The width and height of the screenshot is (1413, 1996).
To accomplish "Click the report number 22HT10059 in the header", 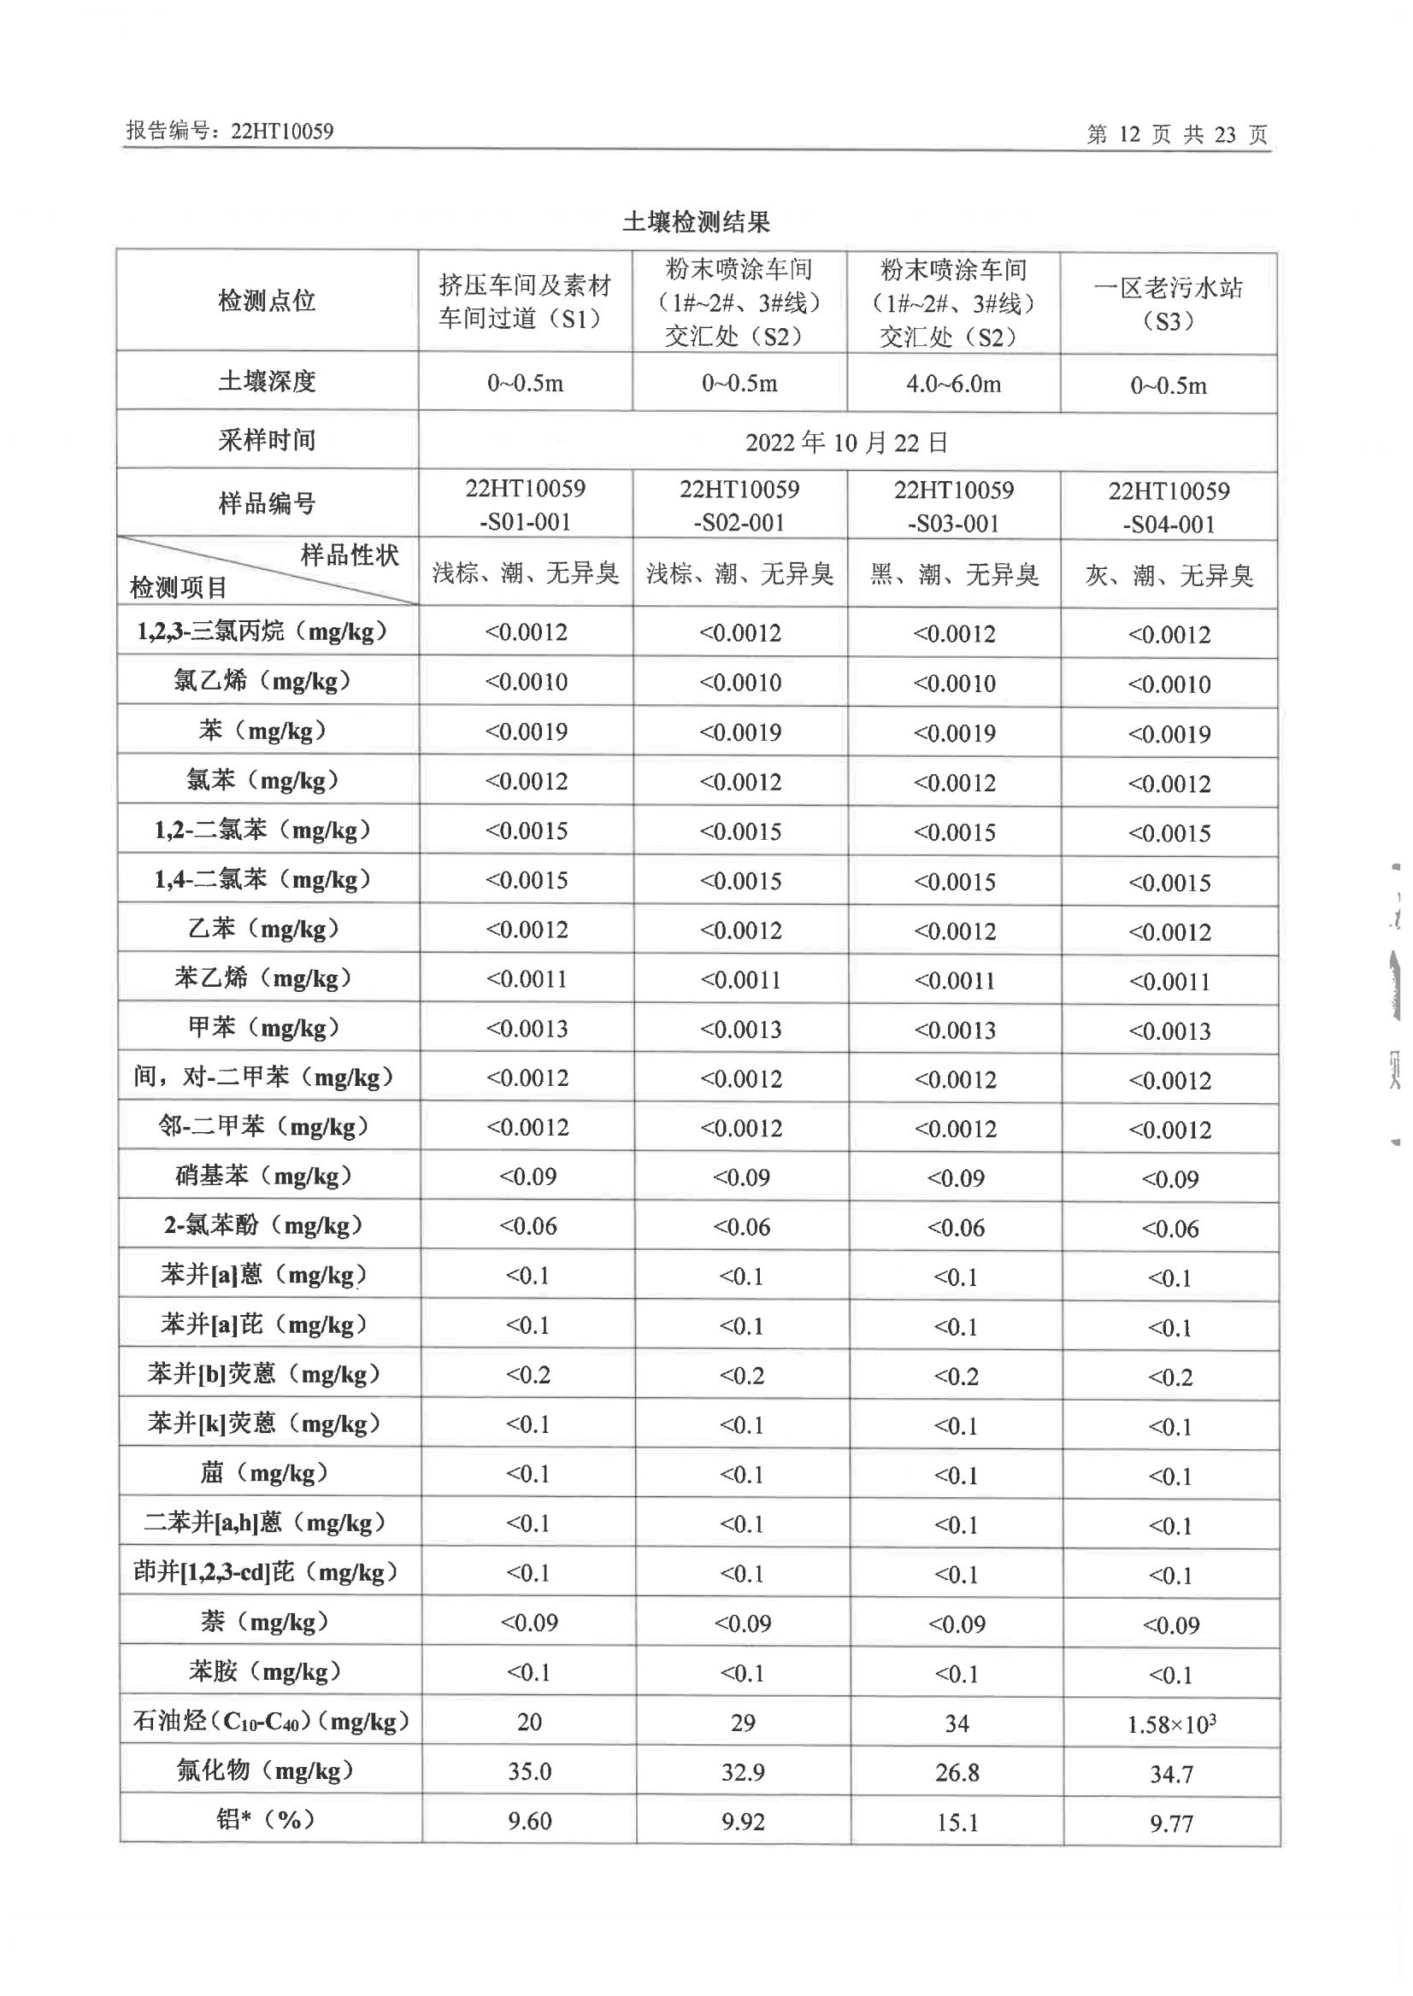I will point(281,132).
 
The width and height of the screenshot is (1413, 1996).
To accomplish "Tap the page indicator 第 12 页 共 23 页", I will point(1176,134).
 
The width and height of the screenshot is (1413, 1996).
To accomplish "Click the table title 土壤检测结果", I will point(696,223).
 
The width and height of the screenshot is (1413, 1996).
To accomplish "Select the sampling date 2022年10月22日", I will point(845,443).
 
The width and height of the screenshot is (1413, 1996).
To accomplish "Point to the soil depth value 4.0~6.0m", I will point(954,384).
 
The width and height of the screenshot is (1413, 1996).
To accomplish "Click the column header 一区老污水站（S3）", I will point(1168,303).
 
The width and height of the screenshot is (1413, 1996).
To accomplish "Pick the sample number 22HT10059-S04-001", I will point(1169,507).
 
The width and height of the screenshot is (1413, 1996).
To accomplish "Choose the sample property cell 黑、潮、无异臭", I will point(955,574).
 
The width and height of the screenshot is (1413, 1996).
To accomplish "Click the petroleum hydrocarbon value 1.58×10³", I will point(1170,1723).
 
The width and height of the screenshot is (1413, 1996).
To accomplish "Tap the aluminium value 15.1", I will point(957,1822).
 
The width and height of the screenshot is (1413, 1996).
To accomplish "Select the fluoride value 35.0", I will point(529,1771).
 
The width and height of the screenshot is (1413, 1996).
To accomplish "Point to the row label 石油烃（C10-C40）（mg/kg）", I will point(270,1721).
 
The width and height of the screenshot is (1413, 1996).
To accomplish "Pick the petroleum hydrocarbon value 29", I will point(742,1723).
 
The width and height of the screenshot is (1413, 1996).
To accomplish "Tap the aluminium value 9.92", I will point(742,1821).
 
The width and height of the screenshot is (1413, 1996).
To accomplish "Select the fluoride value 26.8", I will point(957,1772).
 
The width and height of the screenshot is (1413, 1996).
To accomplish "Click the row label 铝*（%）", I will point(265,1819).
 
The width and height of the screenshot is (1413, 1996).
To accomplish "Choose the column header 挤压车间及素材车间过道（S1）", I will point(525,302).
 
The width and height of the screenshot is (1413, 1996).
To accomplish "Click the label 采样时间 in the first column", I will point(266,440).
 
